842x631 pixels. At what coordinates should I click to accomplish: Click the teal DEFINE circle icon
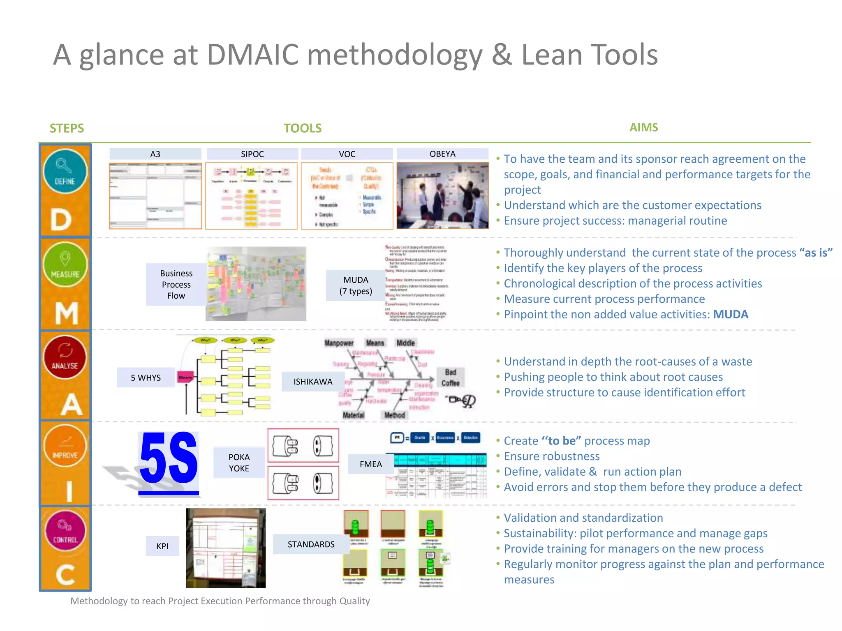tap(65, 171)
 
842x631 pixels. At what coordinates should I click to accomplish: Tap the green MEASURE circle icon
tap(65, 264)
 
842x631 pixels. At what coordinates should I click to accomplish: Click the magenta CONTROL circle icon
tap(65, 530)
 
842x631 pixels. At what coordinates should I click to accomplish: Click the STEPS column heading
tap(67, 128)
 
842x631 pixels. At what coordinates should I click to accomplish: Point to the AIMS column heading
tap(643, 127)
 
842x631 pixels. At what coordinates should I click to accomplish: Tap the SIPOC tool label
tap(252, 154)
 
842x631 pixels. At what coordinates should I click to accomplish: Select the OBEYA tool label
tap(442, 154)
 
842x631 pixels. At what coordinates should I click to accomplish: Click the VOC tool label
tap(347, 154)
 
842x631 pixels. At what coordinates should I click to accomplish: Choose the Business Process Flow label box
tap(176, 284)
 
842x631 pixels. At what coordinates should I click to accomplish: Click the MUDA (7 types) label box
tap(356, 286)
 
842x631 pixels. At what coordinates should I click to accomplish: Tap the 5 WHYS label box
tap(146, 378)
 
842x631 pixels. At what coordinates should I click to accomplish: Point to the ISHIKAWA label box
tap(313, 382)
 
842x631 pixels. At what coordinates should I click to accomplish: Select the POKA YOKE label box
tap(239, 463)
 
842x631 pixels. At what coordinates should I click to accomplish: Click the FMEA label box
tap(370, 464)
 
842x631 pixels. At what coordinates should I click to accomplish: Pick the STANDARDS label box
tap(311, 544)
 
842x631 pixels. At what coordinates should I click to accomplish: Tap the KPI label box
tap(162, 546)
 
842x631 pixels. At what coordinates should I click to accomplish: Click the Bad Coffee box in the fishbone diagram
tap(450, 378)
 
